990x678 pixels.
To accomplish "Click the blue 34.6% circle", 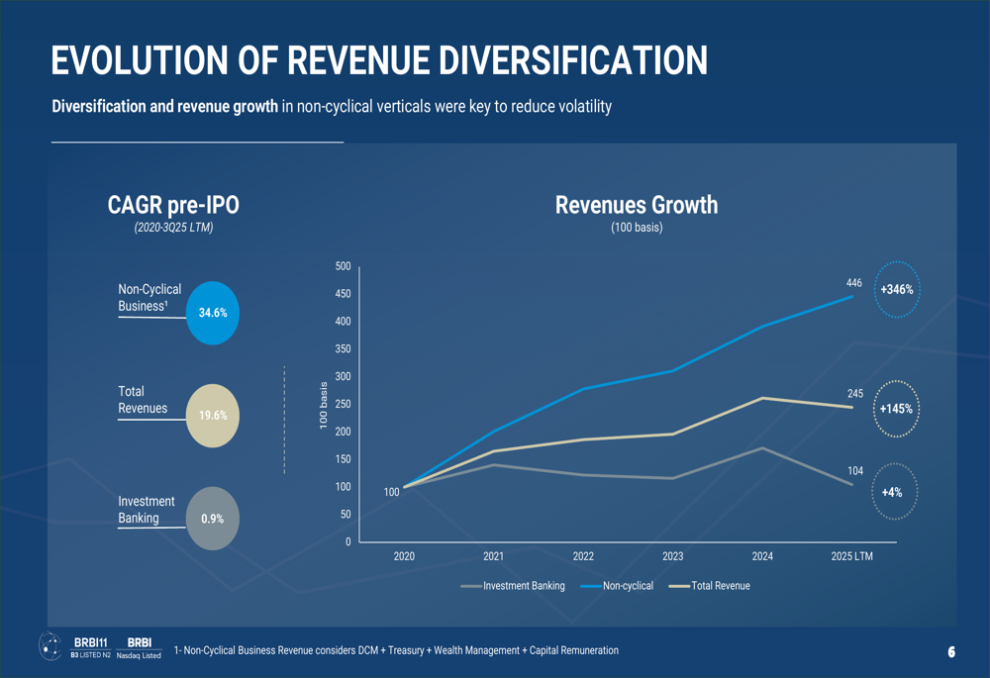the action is coord(213,313).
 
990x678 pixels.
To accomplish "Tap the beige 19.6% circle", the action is coord(213,416).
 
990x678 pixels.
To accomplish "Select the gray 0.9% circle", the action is coord(213,519).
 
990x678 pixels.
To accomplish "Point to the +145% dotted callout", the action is coord(897,381).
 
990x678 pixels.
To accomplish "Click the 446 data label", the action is coord(854,283).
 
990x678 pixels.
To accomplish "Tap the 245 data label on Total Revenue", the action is coord(855,393).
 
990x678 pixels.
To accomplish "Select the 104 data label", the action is coord(855,471).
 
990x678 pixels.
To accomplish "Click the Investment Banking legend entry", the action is coord(513,586).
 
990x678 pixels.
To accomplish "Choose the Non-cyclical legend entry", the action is coord(616,586).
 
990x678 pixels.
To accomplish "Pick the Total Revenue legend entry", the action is coord(710,586).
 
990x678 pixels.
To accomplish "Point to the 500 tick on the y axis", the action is coord(343,266).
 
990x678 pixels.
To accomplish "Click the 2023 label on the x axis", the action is coord(673,556).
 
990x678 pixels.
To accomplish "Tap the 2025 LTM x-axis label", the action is coord(851,556).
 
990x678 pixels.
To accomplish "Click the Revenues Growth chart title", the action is coord(637,205).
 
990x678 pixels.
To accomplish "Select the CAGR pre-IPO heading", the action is coord(173,205).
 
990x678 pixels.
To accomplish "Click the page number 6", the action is coord(951,652).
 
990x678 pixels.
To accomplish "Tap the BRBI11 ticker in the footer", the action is coord(90,642).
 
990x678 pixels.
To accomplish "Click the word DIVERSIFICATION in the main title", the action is coord(573,60).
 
